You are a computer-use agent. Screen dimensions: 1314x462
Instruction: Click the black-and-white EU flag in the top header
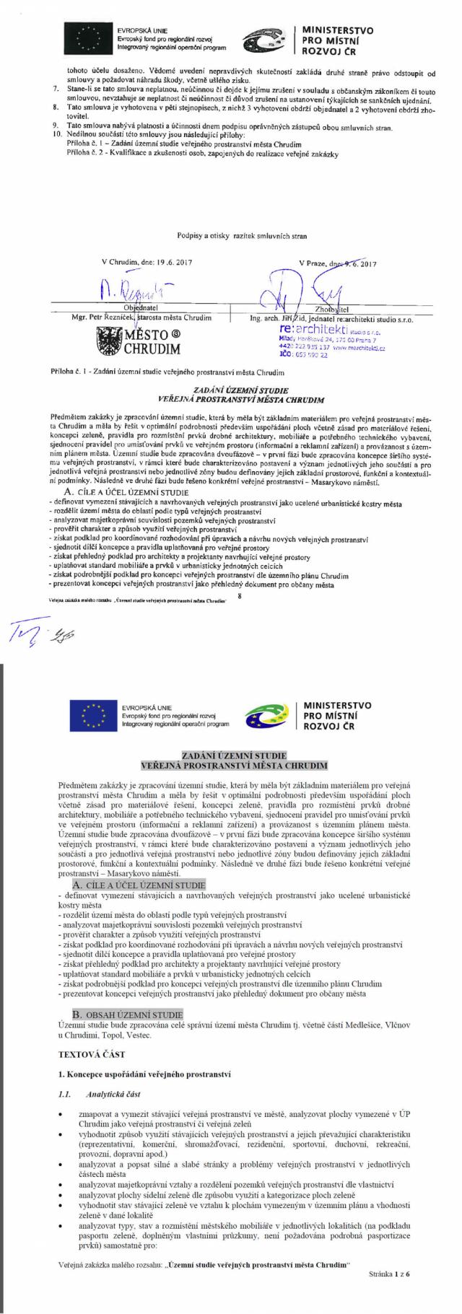(89, 39)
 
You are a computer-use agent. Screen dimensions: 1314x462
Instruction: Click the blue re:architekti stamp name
(308, 329)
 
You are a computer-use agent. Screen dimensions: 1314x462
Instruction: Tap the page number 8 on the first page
(240, 595)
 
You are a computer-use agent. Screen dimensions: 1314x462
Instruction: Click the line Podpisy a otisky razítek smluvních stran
(231, 235)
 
